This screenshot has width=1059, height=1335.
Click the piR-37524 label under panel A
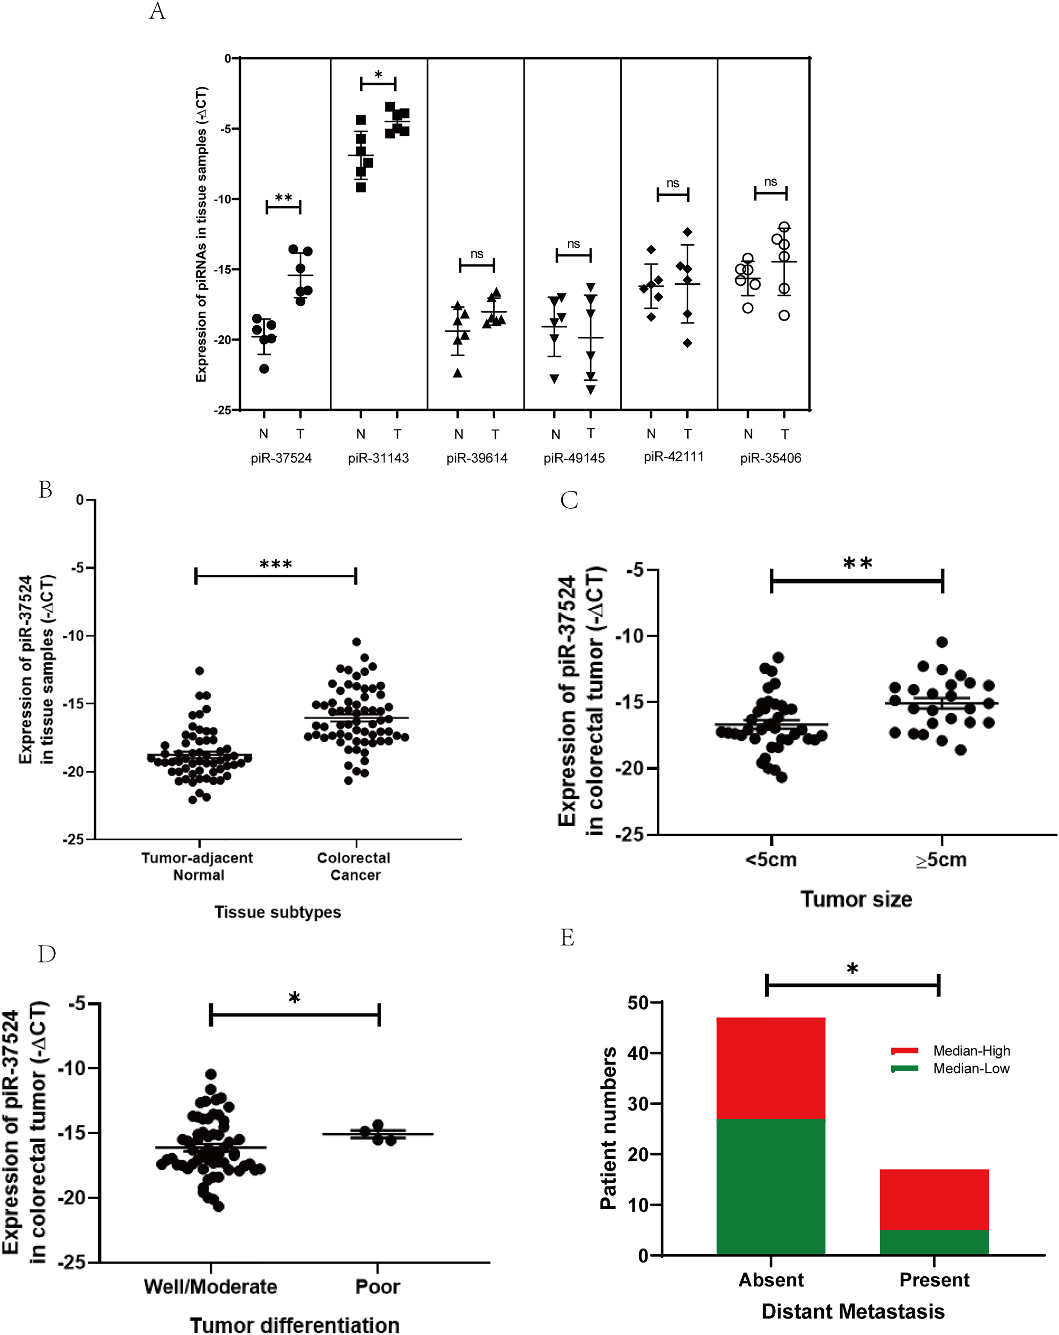point(281,458)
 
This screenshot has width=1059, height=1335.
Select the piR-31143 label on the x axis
point(378,458)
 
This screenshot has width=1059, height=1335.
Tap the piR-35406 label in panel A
point(770,458)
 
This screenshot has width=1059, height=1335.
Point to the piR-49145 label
point(574,458)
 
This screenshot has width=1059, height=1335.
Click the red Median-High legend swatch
point(904,1051)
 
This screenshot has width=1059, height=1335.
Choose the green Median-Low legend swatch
point(904,1069)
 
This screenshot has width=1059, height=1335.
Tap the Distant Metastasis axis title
point(853,1311)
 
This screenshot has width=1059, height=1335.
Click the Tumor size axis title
point(856,899)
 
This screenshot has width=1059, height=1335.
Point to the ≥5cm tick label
point(941,860)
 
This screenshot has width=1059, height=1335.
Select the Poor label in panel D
point(378,1287)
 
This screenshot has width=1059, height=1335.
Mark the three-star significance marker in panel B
point(276,564)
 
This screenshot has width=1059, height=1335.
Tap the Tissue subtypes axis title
point(277,912)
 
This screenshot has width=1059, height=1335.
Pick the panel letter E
point(567,938)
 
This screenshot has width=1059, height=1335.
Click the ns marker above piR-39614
point(476,254)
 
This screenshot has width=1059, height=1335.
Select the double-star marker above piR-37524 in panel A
point(283,198)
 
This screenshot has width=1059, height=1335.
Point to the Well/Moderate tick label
point(210,1287)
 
